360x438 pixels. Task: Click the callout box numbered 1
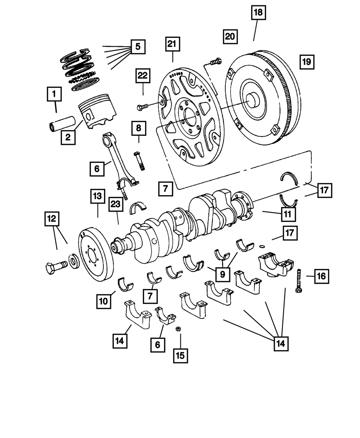coord(54,95)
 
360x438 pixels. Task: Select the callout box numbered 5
coord(138,46)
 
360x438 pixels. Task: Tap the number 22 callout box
coord(143,76)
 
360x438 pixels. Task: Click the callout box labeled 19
coord(306,62)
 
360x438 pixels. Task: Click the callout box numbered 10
coord(104,301)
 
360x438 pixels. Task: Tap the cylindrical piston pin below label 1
coord(62,123)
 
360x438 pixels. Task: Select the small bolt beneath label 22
coord(143,107)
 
